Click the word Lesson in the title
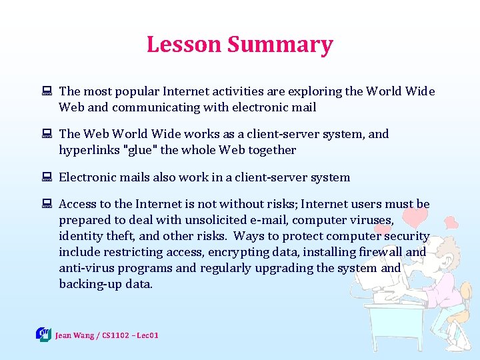[183, 45]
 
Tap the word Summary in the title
[279, 45]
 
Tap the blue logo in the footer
[43, 334]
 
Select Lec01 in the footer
[147, 335]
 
